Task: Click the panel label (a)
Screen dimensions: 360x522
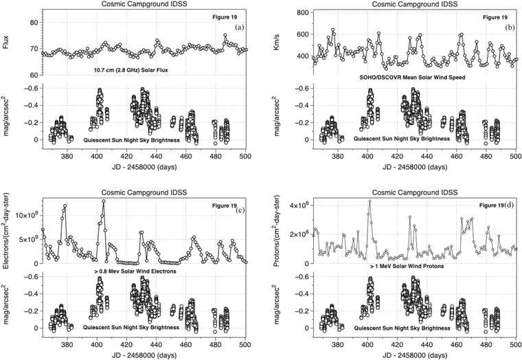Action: (x=239, y=27)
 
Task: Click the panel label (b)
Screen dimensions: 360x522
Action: (x=510, y=27)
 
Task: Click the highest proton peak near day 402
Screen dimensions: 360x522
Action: (x=370, y=201)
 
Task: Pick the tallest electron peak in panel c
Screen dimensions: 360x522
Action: (x=103, y=201)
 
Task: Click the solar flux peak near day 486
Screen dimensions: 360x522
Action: (x=225, y=35)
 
